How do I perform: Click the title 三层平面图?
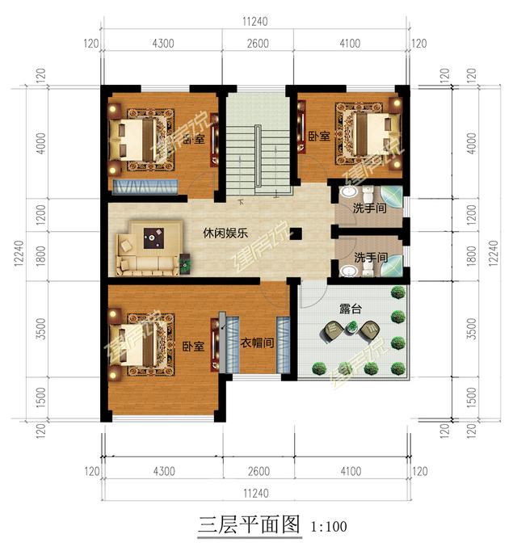tap(248, 526)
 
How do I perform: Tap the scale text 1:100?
tap(328, 528)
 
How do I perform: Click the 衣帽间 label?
tap(255, 342)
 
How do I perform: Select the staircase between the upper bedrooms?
tap(257, 145)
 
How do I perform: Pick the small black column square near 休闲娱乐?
tap(296, 233)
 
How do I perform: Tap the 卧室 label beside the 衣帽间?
tap(191, 347)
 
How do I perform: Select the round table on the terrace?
tap(351, 326)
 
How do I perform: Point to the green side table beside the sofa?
tap(185, 261)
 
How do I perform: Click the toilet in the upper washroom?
tap(366, 195)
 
